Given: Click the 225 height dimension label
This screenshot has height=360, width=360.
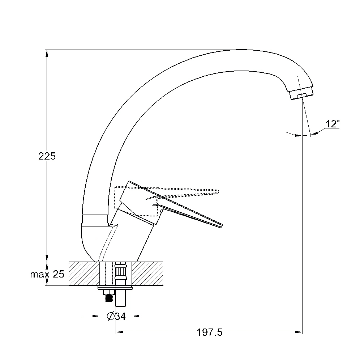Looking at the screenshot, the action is (47, 156).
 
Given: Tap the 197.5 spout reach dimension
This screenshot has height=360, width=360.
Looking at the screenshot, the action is (210, 333).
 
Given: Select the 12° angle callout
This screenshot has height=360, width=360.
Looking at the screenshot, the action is (333, 124).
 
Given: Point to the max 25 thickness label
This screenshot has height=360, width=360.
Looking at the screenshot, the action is (47, 274).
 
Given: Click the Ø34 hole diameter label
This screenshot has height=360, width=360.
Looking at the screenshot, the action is (116, 316).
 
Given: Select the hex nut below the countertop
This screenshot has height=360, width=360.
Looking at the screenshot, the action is (109, 292).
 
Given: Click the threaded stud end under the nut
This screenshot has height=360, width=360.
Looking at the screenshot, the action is (109, 298).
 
